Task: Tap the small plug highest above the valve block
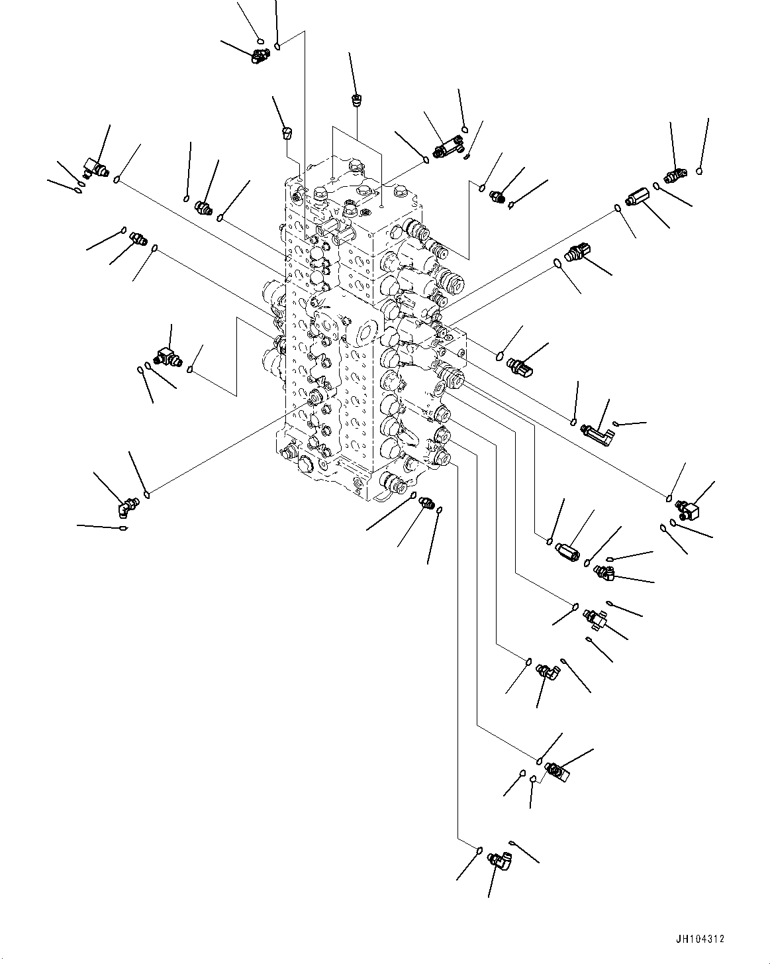(x=356, y=101)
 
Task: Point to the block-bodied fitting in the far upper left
(x=94, y=168)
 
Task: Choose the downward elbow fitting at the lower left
(x=126, y=508)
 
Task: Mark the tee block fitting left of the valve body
(x=168, y=358)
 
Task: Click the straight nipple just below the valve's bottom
(x=426, y=504)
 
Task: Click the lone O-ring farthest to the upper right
(x=700, y=171)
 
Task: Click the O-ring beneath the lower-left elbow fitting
(x=123, y=528)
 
